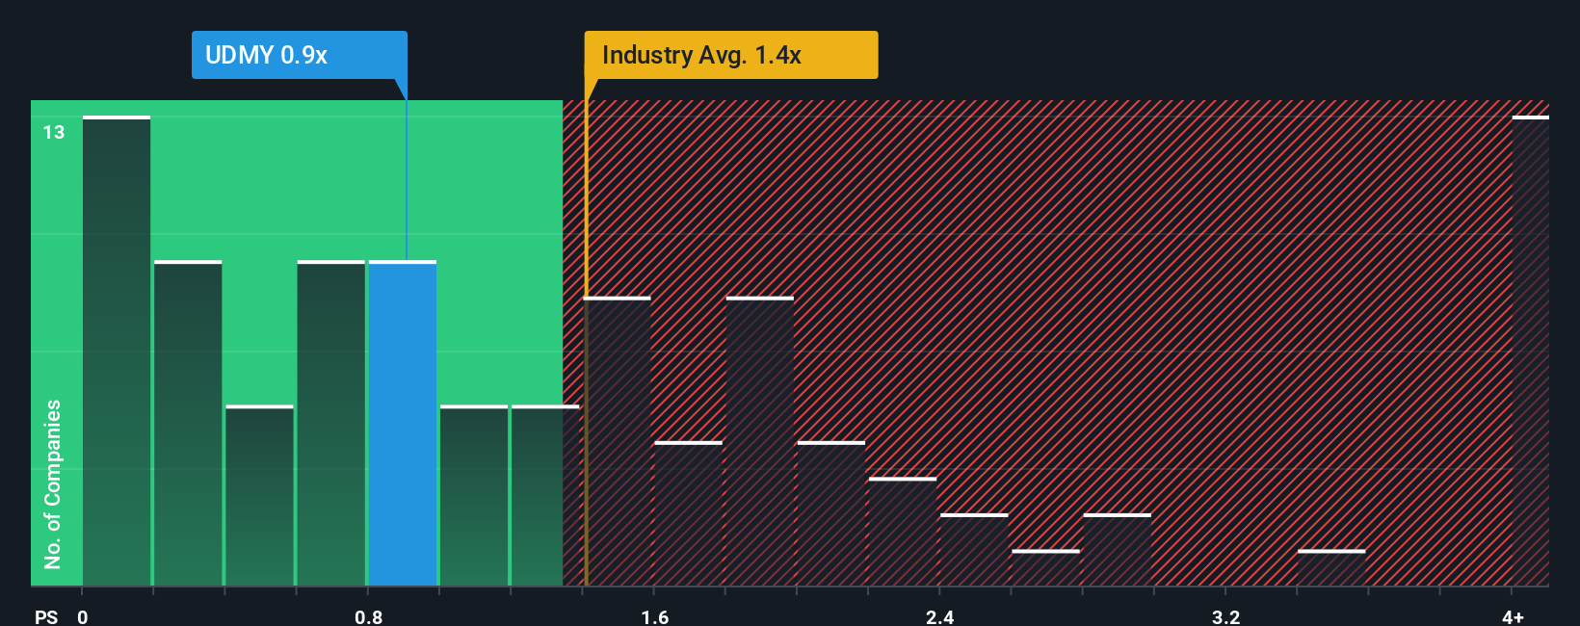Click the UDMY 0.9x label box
pos(299,55)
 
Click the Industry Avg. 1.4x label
pos(730,55)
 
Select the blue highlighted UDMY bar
pos(403,424)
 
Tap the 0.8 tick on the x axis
pos(368,616)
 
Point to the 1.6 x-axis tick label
pos(654,616)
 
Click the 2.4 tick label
pos(939,616)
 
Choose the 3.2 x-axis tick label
pos(1225,616)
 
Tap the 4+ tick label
pos(1513,616)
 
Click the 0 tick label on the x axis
pos(83,616)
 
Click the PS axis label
pos(46,616)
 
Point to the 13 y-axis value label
pos(54,132)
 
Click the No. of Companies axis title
pos(53,483)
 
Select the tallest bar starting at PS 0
pos(117,352)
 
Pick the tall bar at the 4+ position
pos(1530,352)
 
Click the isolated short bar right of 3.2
pos(1331,568)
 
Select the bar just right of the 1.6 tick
pos(688,514)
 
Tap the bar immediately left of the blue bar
pos(331,424)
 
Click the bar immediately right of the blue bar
pos(474,496)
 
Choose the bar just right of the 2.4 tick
pos(974,550)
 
